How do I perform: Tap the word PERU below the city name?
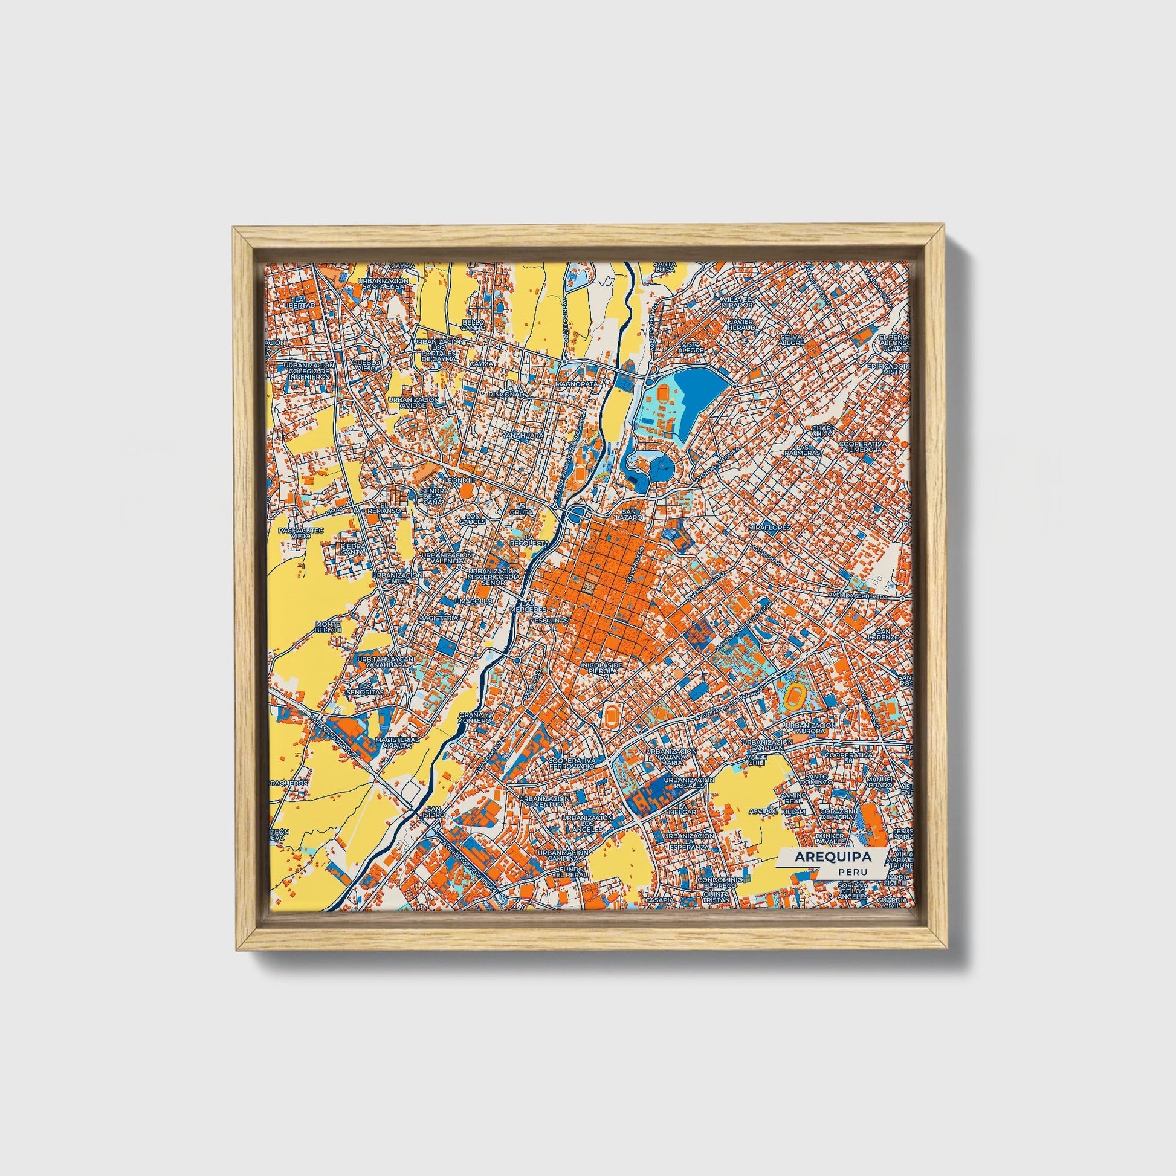(x=848, y=871)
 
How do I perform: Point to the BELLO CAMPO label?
(x=473, y=325)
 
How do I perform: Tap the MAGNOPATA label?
(x=579, y=385)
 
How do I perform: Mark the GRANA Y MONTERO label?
(x=474, y=717)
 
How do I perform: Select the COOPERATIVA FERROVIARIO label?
(x=572, y=764)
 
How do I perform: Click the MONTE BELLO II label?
(x=329, y=627)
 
